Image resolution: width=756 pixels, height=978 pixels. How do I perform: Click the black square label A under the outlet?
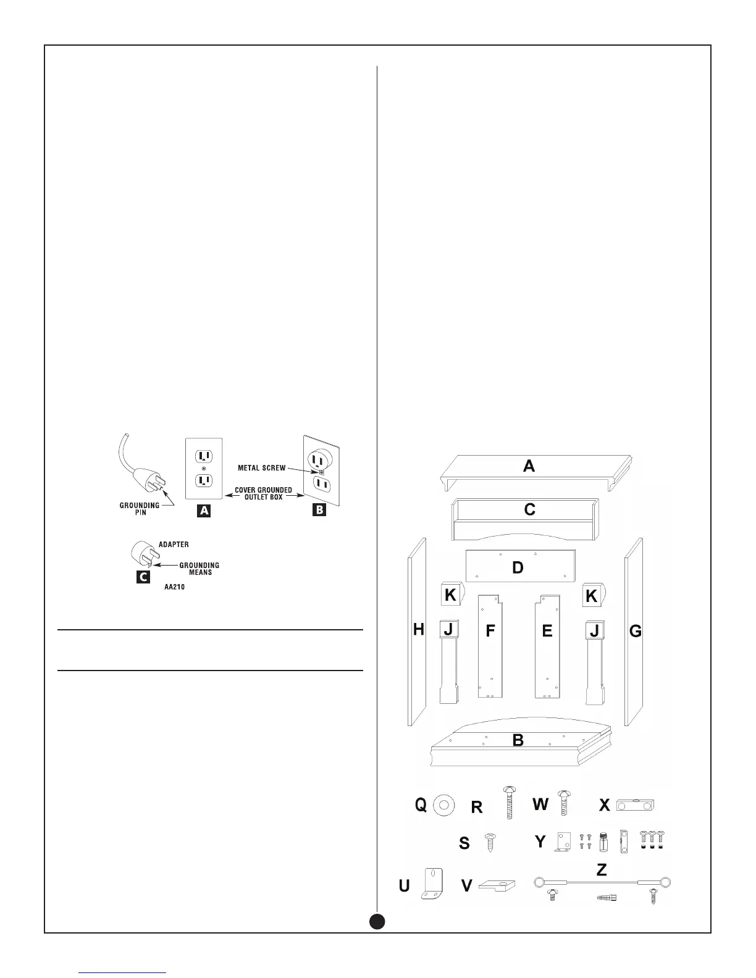[x=203, y=511]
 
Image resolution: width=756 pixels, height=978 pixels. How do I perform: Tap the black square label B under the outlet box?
[x=319, y=511]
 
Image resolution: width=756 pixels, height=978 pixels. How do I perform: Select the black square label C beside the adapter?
[x=143, y=577]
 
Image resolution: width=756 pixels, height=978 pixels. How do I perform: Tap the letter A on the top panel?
[x=529, y=466]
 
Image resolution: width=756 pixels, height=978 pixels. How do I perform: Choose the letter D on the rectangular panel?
[x=518, y=567]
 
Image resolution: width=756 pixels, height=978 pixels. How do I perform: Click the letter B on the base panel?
[x=518, y=740]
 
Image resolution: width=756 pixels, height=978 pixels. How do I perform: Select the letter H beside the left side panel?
[x=419, y=630]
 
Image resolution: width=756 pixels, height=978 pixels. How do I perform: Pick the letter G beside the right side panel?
[x=635, y=631]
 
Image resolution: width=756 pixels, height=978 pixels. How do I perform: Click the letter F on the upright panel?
[x=490, y=631]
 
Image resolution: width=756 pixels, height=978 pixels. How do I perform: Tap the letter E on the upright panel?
[x=547, y=631]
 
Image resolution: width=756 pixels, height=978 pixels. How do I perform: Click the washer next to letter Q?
[x=443, y=806]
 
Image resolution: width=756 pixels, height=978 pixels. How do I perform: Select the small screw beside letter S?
[x=492, y=843]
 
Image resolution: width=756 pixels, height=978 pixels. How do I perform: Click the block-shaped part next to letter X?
[x=634, y=805]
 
